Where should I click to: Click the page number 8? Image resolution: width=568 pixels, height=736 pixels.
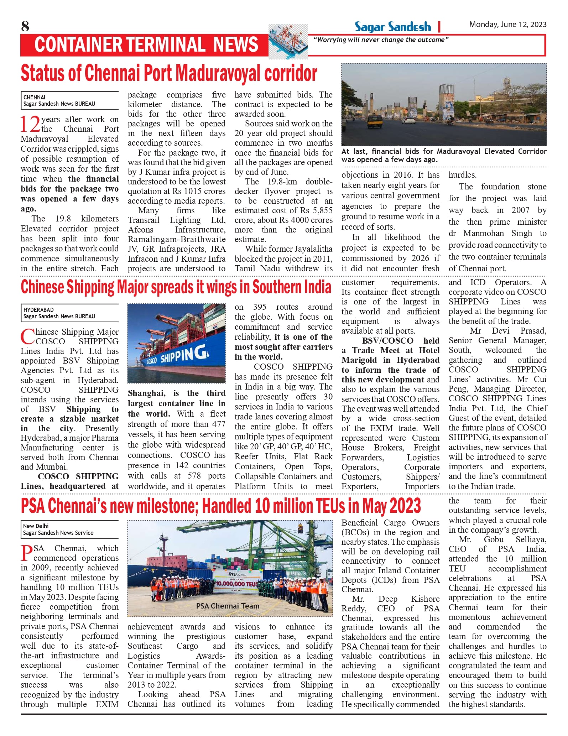(25, 26)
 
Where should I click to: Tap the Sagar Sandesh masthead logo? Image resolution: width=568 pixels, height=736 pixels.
(392, 27)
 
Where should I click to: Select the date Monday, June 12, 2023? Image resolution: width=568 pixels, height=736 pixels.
(507, 25)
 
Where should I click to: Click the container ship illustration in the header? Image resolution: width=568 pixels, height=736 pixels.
(288, 42)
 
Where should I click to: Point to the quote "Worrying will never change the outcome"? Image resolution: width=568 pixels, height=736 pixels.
(381, 40)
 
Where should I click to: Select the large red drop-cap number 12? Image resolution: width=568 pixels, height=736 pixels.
(30, 124)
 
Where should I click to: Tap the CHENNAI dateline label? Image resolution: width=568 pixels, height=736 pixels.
(34, 97)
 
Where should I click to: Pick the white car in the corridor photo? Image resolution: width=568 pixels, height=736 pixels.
(411, 120)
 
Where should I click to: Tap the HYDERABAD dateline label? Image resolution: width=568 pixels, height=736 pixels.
(38, 310)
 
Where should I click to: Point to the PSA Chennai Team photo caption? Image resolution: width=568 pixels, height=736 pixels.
(228, 606)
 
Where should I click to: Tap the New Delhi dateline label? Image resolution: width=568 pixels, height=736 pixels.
(36, 526)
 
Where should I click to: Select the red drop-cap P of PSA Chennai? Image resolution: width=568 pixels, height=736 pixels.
(27, 553)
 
